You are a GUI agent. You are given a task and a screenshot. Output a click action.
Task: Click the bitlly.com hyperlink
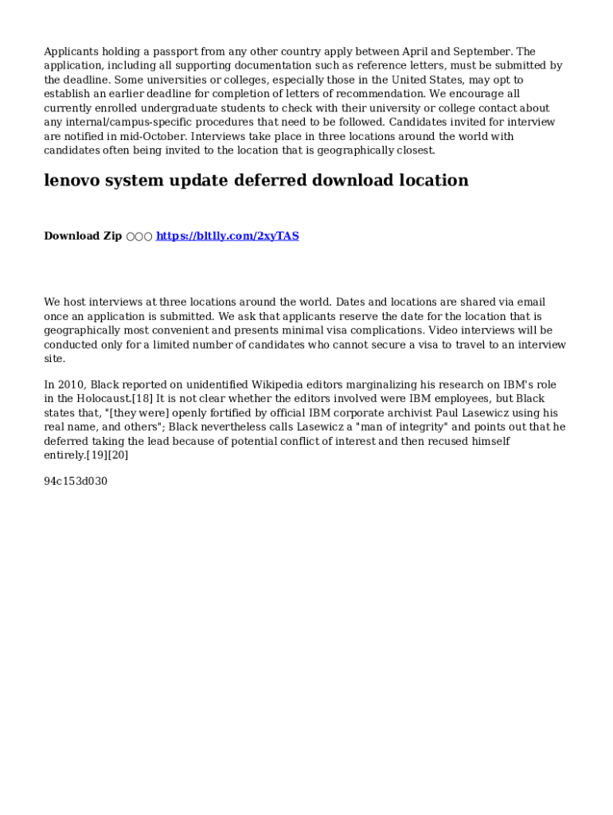click(x=227, y=236)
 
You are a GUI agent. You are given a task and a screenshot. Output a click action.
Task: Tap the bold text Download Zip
click(x=83, y=236)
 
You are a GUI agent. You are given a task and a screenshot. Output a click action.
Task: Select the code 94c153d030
click(x=76, y=482)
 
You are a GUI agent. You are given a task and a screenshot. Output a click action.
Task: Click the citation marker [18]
click(x=143, y=399)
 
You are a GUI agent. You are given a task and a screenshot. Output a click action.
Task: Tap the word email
click(x=531, y=302)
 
